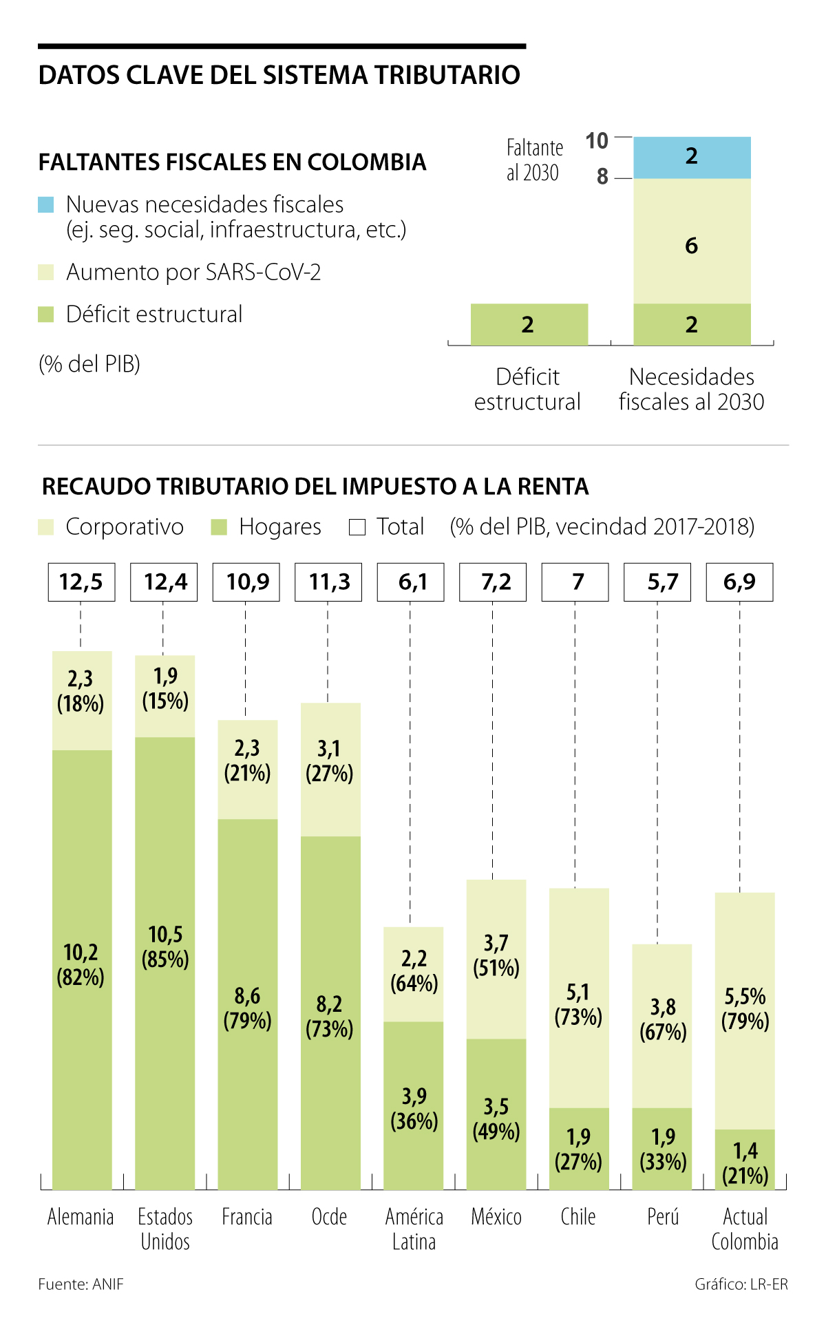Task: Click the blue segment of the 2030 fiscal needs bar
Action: (692, 157)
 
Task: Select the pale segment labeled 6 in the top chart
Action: (692, 241)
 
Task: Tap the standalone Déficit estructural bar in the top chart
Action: (529, 324)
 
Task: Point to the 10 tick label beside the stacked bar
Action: (597, 141)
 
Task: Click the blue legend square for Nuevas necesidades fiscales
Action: (46, 204)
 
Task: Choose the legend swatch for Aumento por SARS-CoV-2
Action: (46, 273)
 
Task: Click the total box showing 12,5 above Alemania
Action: (81, 582)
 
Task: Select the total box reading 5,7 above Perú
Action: (657, 582)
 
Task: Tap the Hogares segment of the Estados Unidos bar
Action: (165, 964)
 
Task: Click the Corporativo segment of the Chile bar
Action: (578, 998)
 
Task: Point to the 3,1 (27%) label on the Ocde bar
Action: (329, 761)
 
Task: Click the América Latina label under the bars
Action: (414, 1229)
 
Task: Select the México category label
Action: (496, 1217)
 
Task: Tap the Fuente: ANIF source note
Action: (81, 1284)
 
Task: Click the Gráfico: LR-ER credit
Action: (741, 1284)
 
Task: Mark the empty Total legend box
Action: (357, 528)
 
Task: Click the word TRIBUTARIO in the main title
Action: (432, 75)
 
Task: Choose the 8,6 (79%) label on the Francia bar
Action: (247, 1008)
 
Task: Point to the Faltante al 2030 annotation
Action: (534, 160)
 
